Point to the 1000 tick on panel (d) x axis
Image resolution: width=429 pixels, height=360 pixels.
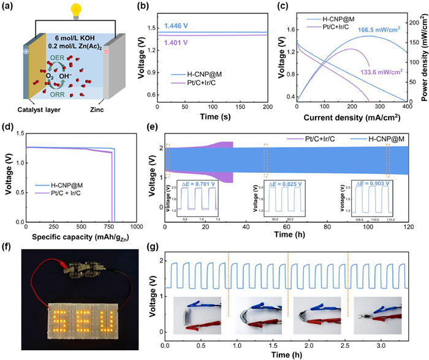(x=136, y=227)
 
